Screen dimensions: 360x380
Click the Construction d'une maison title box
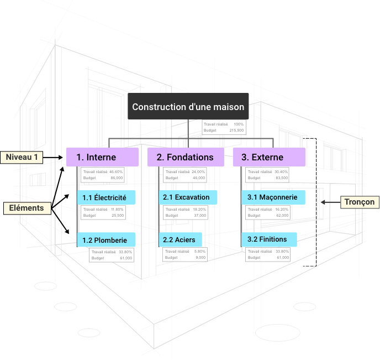188,107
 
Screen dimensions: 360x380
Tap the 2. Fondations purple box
185,157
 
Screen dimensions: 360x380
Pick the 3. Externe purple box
269,157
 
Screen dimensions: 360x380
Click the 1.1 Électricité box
105,197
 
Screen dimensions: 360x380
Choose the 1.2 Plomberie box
105,240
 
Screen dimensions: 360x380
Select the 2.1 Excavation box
188,197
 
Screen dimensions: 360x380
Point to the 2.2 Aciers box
181,239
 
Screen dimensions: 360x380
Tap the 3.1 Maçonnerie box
273,197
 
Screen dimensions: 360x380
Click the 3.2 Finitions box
268,239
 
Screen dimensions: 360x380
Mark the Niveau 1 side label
22,158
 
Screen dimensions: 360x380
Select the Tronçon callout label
359,202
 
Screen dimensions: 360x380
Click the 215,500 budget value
236,131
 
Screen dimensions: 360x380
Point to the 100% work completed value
239,124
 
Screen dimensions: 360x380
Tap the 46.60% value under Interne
116,172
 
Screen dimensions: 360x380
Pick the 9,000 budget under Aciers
200,258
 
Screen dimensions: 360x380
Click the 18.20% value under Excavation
199,210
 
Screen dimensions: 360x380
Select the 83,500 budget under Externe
281,178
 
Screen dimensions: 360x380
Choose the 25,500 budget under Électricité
117,216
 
